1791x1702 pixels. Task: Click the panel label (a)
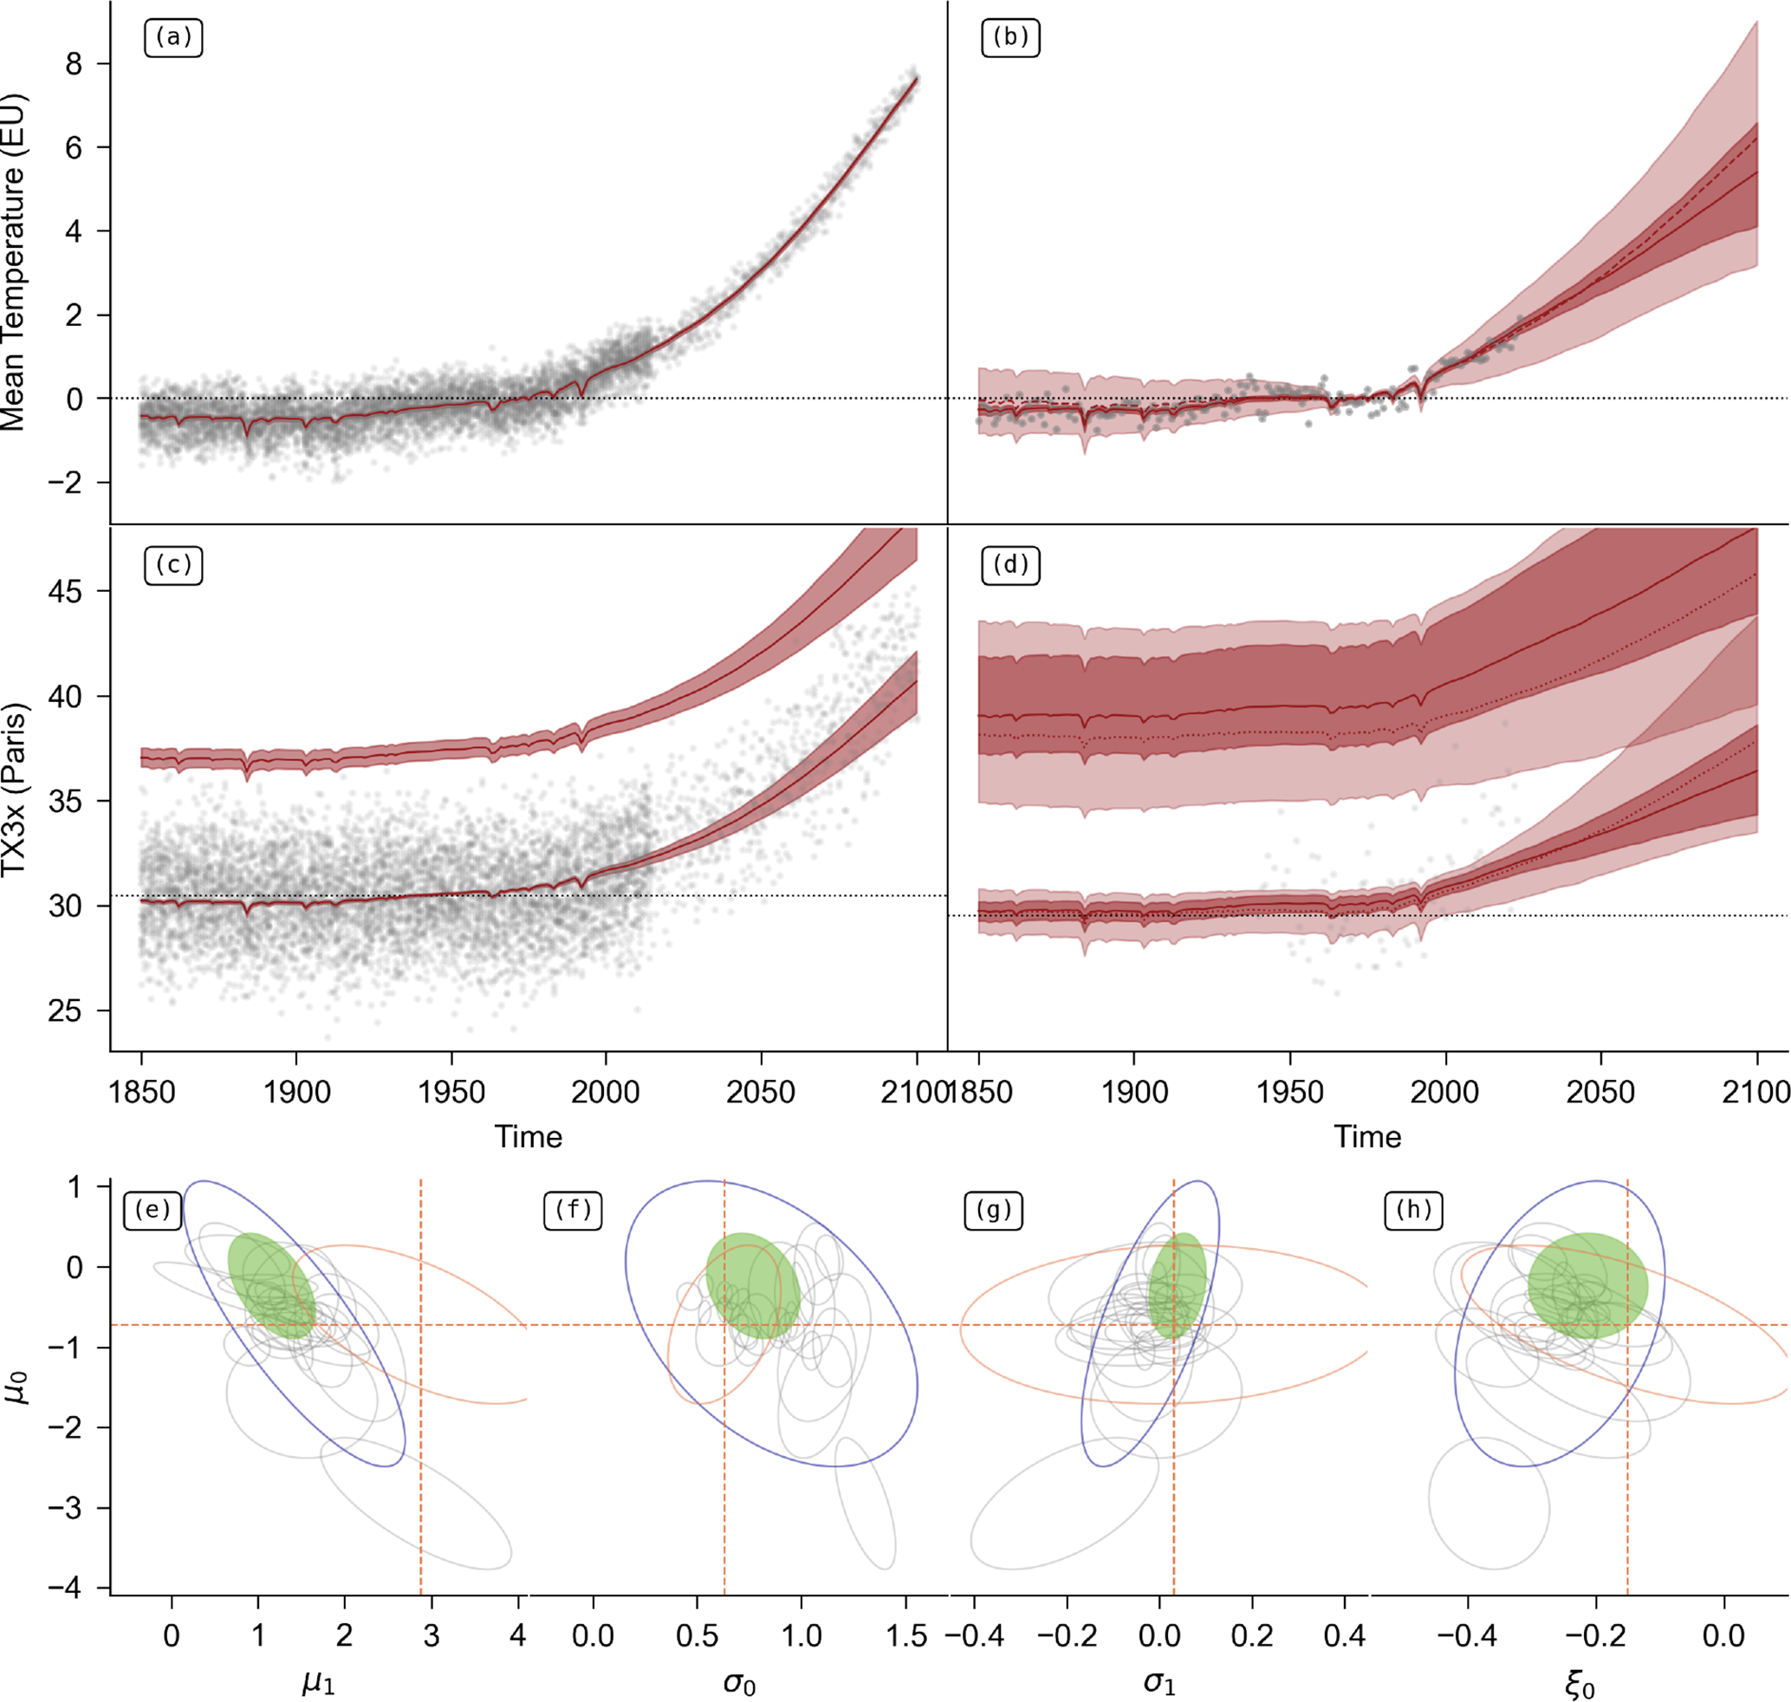click(x=173, y=38)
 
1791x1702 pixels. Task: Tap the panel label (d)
click(x=1009, y=565)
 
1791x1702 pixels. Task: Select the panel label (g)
click(x=994, y=1211)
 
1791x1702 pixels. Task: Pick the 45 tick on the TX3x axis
click(x=65, y=592)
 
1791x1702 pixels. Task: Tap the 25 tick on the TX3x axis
click(x=65, y=1010)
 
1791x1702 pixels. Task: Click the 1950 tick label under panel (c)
click(x=451, y=1091)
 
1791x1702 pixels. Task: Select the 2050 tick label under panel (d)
click(x=1600, y=1091)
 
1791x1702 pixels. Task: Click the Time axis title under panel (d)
click(x=1367, y=1137)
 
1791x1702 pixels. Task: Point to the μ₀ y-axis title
click(x=17, y=1388)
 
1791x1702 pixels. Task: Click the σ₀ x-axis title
click(x=739, y=1684)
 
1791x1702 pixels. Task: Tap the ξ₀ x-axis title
click(x=1580, y=1684)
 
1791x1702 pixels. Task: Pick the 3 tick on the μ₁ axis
click(x=432, y=1635)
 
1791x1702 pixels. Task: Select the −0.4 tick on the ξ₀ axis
click(x=1467, y=1635)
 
